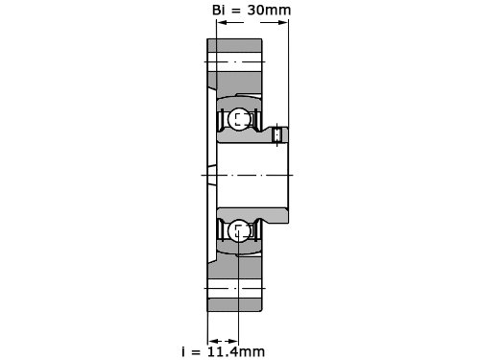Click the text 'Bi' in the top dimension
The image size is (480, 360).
tap(218, 10)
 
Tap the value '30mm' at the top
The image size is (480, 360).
tap(269, 10)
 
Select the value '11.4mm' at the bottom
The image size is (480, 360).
tap(236, 351)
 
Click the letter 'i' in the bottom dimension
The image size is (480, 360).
tap(183, 351)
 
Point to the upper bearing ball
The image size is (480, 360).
tap(239, 119)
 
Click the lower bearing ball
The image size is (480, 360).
tap(239, 231)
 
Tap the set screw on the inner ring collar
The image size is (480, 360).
tap(276, 134)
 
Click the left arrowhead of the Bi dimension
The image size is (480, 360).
tap(222, 22)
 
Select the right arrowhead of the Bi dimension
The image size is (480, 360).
tap(283, 22)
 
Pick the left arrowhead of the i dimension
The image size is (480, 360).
tap(213, 342)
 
